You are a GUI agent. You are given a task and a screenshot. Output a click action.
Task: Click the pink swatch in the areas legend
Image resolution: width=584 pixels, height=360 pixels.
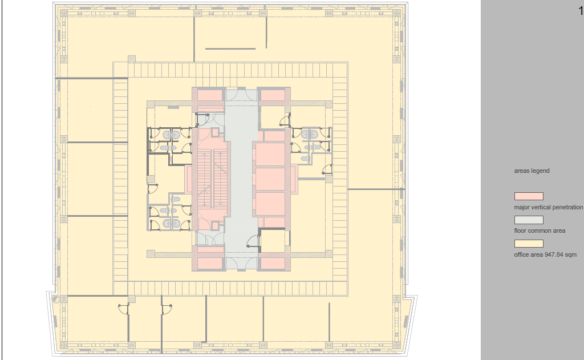529,196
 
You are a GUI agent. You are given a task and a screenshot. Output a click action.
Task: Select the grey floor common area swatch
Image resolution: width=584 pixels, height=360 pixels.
529,220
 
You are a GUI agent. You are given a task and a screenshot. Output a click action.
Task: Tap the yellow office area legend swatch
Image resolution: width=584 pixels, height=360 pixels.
529,244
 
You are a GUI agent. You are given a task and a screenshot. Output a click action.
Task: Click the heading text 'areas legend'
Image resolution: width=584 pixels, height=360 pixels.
532,171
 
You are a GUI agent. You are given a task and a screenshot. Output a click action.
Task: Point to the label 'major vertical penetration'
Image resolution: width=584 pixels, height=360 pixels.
548,207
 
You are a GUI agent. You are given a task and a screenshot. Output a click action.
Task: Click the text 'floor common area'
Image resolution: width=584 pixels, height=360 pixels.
540,230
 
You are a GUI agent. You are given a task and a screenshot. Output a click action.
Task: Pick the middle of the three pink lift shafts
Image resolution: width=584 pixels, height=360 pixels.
270,179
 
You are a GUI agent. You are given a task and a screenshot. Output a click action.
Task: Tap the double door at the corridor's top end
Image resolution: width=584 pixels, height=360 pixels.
241,95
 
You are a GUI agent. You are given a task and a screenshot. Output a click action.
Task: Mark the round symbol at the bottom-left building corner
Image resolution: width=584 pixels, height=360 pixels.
56,300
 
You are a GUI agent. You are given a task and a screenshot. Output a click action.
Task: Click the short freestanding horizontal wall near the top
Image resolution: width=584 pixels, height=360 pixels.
230,48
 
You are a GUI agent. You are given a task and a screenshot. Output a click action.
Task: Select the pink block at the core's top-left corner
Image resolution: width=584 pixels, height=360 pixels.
210,95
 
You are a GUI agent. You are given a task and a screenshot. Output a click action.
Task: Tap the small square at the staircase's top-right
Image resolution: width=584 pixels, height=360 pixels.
215,132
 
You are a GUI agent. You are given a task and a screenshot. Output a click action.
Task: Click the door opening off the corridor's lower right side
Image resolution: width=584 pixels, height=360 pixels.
253,241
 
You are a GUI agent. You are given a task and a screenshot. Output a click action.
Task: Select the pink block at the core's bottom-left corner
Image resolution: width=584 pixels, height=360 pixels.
210,264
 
